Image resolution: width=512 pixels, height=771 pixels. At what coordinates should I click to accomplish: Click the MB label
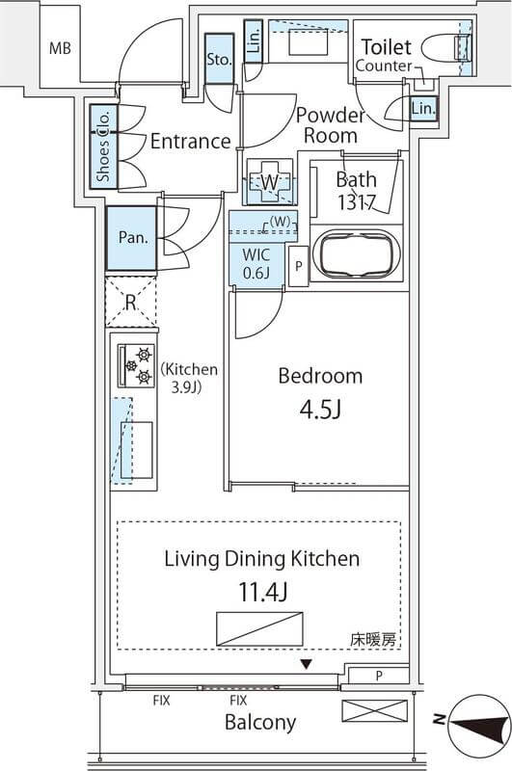pyautogui.click(x=60, y=48)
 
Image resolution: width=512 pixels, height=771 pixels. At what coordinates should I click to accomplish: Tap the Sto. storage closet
pyautogui.click(x=219, y=59)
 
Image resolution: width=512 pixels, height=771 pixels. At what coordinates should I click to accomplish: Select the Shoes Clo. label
pyautogui.click(x=103, y=146)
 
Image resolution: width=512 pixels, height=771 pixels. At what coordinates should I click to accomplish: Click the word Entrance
pyautogui.click(x=190, y=142)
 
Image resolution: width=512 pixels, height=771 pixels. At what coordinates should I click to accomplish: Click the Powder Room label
pyautogui.click(x=331, y=125)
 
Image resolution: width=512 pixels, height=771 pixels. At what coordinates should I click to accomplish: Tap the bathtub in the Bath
pyautogui.click(x=357, y=254)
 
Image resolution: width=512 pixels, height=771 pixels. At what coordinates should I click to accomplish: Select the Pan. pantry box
pyautogui.click(x=131, y=238)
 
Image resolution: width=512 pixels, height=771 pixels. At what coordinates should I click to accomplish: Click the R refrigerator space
pyautogui.click(x=131, y=302)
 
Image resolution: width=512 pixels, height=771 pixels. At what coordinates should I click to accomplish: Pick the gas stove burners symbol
pyautogui.click(x=137, y=365)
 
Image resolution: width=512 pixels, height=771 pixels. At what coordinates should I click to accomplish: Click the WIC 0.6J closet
pyautogui.click(x=256, y=264)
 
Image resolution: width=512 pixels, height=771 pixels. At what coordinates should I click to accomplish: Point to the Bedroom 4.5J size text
pyautogui.click(x=320, y=410)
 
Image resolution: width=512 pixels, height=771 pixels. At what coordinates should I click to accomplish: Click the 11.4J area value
pyautogui.click(x=262, y=592)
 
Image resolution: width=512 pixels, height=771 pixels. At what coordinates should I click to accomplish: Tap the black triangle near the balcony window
pyautogui.click(x=307, y=665)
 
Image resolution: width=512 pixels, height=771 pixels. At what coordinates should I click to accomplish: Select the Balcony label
pyautogui.click(x=260, y=722)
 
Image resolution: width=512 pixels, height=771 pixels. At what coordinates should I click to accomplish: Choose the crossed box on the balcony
pyautogui.click(x=375, y=711)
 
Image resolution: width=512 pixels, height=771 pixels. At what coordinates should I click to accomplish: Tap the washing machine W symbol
pyautogui.click(x=270, y=182)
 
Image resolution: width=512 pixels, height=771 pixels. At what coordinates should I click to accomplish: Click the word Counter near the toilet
pyautogui.click(x=384, y=66)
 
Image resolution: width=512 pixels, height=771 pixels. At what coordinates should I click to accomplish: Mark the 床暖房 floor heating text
pyautogui.click(x=373, y=640)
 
